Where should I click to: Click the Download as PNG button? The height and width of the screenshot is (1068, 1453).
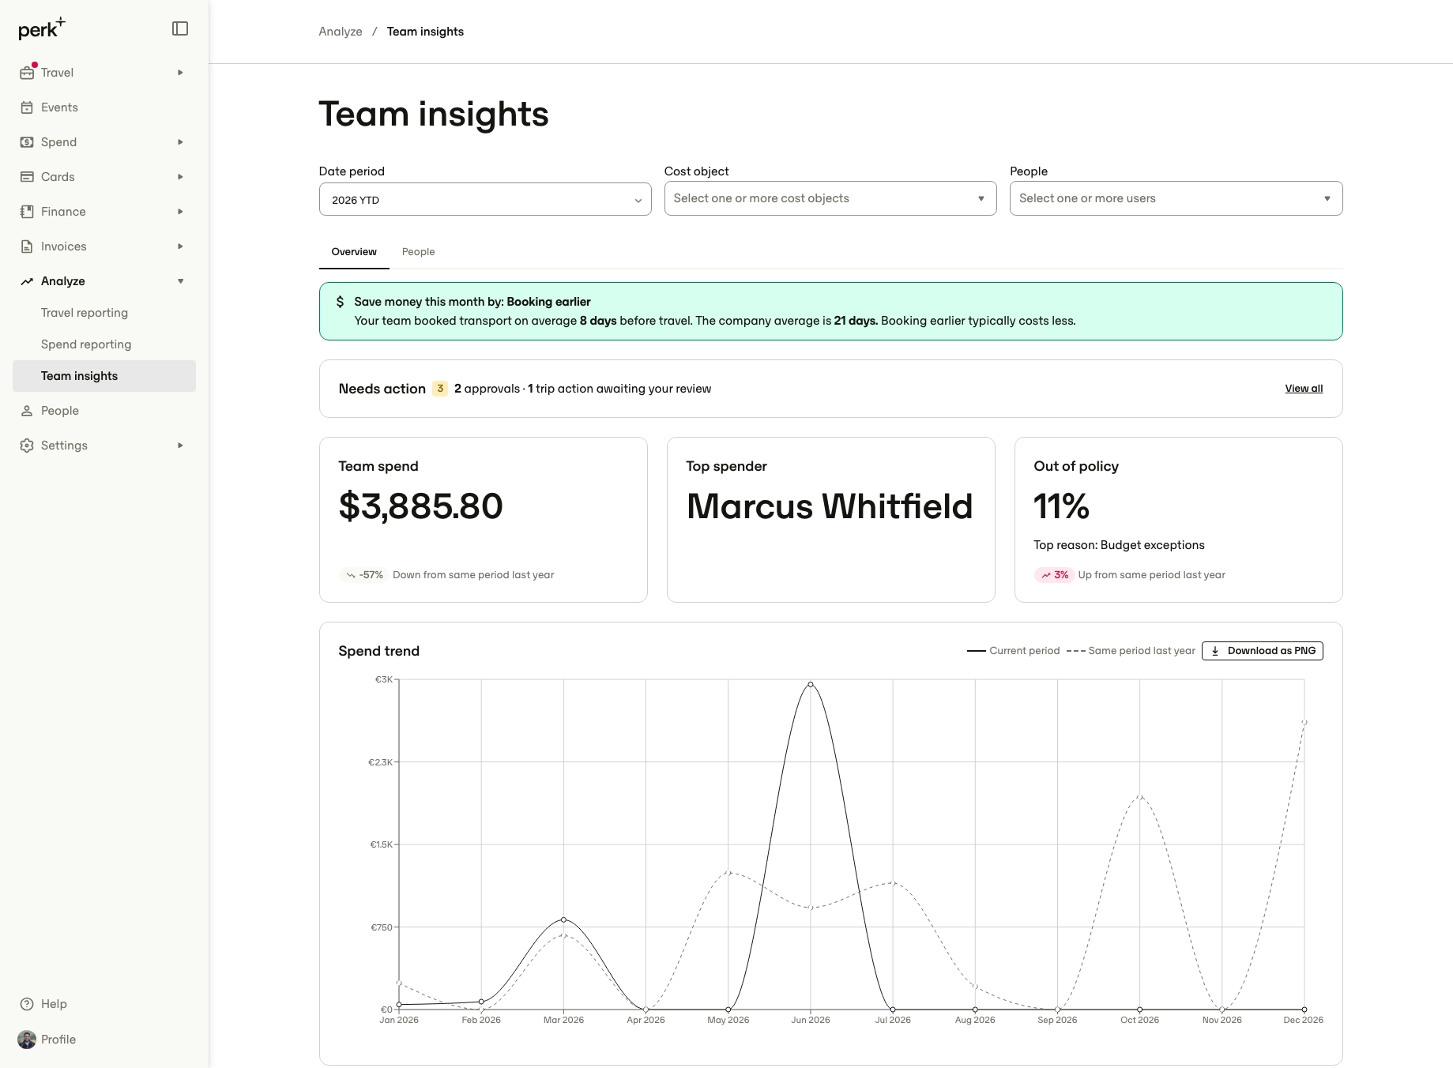coord(1262,651)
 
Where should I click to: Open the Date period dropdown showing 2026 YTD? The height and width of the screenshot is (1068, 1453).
coord(485,199)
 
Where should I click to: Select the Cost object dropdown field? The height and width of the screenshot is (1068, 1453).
coord(830,198)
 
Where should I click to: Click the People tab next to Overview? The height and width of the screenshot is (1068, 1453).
coord(418,252)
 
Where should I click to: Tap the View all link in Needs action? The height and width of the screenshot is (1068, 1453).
coord(1304,389)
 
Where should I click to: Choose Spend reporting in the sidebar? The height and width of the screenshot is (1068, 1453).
coord(86,344)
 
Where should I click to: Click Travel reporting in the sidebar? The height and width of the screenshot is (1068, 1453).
coord(85,313)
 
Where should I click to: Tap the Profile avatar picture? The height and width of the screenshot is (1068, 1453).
coord(27,1040)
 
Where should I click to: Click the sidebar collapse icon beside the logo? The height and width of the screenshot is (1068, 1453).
coord(180,28)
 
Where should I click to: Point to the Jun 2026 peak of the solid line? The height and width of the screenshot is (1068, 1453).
coord(811,685)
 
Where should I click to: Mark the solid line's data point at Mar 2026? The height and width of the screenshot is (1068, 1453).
coord(563,919)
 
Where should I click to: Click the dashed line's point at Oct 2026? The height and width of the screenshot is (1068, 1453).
coord(1139,796)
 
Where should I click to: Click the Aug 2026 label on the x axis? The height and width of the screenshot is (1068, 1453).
coord(975,1020)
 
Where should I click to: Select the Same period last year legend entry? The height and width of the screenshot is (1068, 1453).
coord(1131,651)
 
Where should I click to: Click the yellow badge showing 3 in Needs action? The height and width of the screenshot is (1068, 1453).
coord(440,389)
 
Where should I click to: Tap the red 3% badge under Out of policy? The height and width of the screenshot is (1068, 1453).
coord(1054,575)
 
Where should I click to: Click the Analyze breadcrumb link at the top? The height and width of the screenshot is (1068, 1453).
coord(341,32)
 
